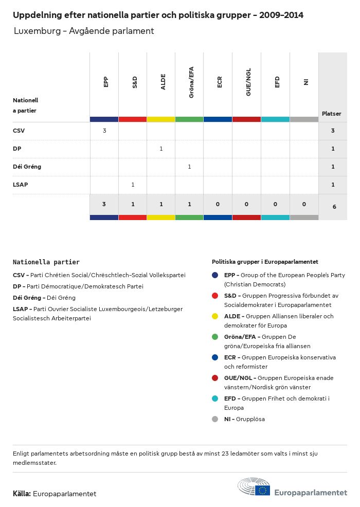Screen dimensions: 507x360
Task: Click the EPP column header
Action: click(105, 82)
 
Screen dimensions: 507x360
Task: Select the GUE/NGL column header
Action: click(248, 83)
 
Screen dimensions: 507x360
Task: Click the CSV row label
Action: click(19, 131)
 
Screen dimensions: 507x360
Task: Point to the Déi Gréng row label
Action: click(27, 167)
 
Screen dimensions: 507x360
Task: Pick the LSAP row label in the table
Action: click(21, 185)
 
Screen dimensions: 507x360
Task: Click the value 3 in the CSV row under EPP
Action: click(104, 131)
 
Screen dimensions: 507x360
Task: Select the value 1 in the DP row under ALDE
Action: click(161, 149)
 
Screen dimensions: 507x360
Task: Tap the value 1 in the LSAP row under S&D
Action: click(133, 185)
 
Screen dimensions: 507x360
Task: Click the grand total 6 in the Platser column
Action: click(334, 207)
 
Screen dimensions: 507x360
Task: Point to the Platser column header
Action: click(332, 114)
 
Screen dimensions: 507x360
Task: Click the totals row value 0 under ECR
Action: click(218, 204)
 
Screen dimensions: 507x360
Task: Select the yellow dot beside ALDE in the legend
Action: click(215, 316)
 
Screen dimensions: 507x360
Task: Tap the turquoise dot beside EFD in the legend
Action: click(215, 399)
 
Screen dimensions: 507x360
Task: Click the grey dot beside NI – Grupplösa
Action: click(215, 419)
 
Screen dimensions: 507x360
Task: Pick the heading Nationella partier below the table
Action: click(46, 262)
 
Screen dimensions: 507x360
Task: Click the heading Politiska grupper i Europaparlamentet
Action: click(265, 262)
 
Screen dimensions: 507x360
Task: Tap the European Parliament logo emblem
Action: click(254, 487)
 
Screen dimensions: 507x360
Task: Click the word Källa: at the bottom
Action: click(22, 494)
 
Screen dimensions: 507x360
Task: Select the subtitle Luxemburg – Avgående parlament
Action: click(84, 31)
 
